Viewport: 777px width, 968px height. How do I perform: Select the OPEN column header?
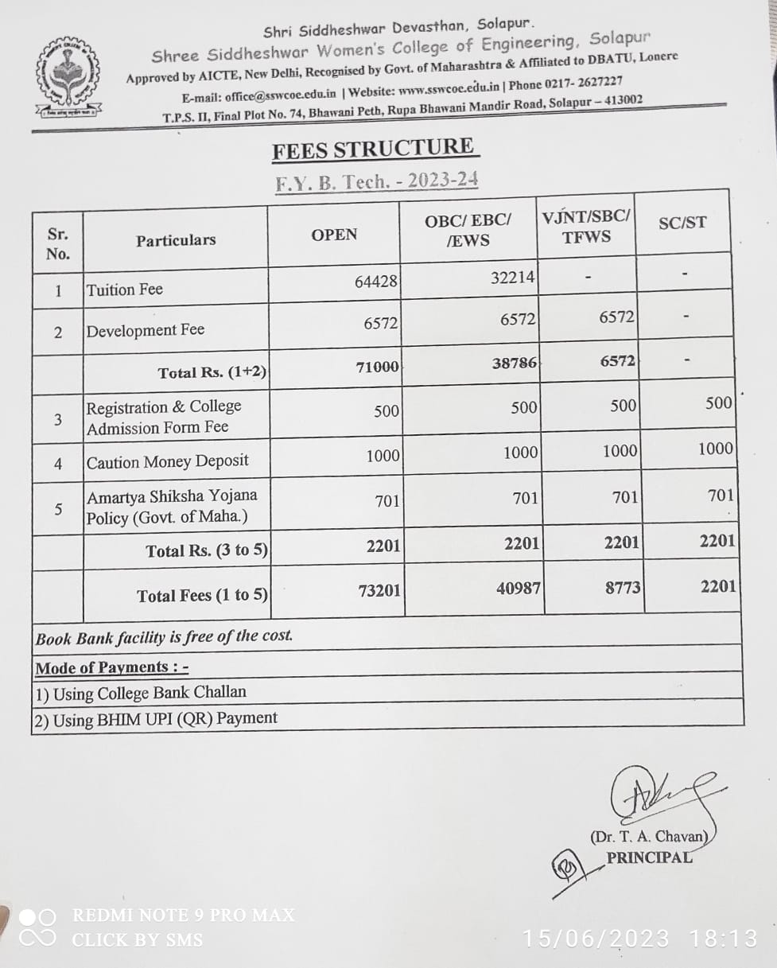click(334, 235)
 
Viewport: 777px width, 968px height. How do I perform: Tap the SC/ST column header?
click(682, 223)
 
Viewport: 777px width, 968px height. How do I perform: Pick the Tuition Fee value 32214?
click(512, 277)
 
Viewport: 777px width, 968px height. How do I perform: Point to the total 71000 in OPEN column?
click(377, 366)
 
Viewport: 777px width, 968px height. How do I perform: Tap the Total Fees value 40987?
click(518, 589)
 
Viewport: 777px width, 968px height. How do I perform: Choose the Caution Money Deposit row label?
click(167, 461)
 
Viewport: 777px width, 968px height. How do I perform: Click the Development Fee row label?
click(145, 330)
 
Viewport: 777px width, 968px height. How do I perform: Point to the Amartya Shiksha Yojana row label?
click(172, 507)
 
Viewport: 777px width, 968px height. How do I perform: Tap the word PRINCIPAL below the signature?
click(649, 857)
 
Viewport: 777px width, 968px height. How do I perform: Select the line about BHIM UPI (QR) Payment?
click(155, 718)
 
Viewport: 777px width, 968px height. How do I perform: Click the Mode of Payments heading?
click(112, 667)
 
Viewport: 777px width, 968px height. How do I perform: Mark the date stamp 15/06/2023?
click(596, 939)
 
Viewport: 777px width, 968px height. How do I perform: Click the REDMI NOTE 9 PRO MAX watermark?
click(183, 916)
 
